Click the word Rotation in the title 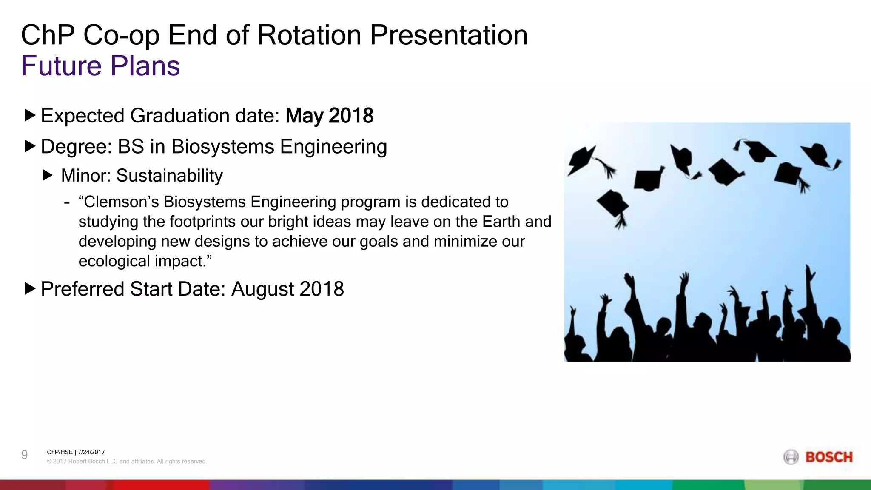point(309,35)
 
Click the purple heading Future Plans point(100,66)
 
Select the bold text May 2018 point(329,116)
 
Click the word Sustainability point(169,176)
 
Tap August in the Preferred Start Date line point(263,289)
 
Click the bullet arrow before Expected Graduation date point(30,115)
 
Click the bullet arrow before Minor point(48,175)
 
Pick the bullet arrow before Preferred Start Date point(30,289)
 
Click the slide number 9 point(25,455)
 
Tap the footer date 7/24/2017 point(91,452)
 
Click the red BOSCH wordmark point(829,457)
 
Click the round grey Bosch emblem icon point(791,457)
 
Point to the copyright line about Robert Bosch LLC point(127,462)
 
